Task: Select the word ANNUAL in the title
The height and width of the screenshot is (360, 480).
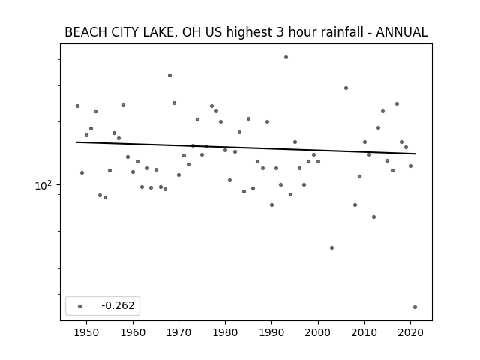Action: coord(402,32)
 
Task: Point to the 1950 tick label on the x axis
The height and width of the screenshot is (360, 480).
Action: coord(87,332)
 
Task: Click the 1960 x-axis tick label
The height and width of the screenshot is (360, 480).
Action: coord(133,332)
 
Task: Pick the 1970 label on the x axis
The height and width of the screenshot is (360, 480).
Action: coord(179,332)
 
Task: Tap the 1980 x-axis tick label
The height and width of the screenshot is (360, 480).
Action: coord(225,332)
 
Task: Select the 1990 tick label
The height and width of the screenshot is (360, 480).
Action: coord(271,332)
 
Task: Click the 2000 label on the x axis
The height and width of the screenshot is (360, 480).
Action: coord(318,332)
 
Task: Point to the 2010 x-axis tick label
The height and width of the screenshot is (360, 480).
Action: coord(364,332)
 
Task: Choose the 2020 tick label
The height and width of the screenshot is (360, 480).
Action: coord(410,332)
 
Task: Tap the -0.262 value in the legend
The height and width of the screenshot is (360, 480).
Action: coord(118,305)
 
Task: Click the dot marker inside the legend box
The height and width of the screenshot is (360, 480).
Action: coord(80,306)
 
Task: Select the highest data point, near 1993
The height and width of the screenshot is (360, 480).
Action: coord(286,57)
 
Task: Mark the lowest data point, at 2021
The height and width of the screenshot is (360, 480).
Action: coord(415,307)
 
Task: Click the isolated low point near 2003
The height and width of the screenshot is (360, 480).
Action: coord(331,247)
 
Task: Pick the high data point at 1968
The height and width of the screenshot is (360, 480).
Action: coord(170,75)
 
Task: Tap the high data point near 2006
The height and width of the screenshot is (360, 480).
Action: coord(346,88)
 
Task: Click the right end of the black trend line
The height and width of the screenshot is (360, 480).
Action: coord(415,154)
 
